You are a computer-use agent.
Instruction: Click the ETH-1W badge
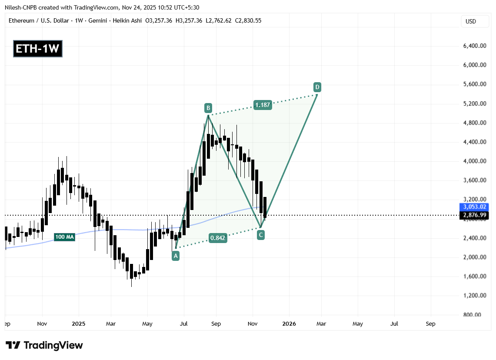pos(37,48)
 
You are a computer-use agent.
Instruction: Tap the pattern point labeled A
pos(176,256)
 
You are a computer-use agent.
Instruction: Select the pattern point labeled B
pos(208,107)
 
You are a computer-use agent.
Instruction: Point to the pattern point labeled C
pos(261,235)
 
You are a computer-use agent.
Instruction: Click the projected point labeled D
pos(318,87)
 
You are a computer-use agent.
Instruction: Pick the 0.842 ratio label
pos(218,238)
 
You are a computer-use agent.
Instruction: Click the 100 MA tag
pos(64,237)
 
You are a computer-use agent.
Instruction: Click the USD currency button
pos(471,21)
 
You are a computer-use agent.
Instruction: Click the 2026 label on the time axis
pos(289,324)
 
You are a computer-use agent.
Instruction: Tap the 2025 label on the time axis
pos(79,324)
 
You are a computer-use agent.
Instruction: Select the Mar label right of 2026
pos(321,324)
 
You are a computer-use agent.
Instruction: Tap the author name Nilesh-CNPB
pos(23,7)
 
